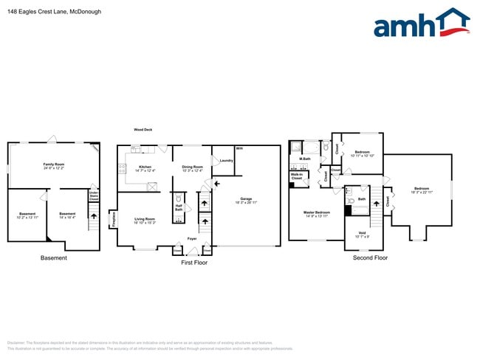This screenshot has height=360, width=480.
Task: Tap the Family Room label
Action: pos(53,165)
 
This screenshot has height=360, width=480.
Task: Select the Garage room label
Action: pos(247,199)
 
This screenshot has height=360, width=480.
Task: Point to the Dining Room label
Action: pos(192,167)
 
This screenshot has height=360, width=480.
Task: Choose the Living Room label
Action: pos(144,219)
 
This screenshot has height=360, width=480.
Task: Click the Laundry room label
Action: pos(227,161)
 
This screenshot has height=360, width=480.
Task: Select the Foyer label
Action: pos(191,238)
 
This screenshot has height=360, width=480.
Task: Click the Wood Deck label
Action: pos(143,129)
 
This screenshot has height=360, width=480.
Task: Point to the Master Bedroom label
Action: pos(317,212)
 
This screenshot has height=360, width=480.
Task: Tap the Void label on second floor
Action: pos(361,234)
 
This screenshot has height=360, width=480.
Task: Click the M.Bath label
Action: pos(304,159)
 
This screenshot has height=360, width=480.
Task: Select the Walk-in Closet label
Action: pos(297,177)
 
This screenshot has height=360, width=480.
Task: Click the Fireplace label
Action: pos(114,219)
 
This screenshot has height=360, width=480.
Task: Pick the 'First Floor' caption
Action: pos(194,262)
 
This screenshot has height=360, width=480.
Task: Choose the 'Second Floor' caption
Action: pos(371,258)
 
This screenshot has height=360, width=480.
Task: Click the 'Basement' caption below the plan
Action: pos(53,258)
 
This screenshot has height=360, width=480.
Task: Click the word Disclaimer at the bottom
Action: pos(16,343)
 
